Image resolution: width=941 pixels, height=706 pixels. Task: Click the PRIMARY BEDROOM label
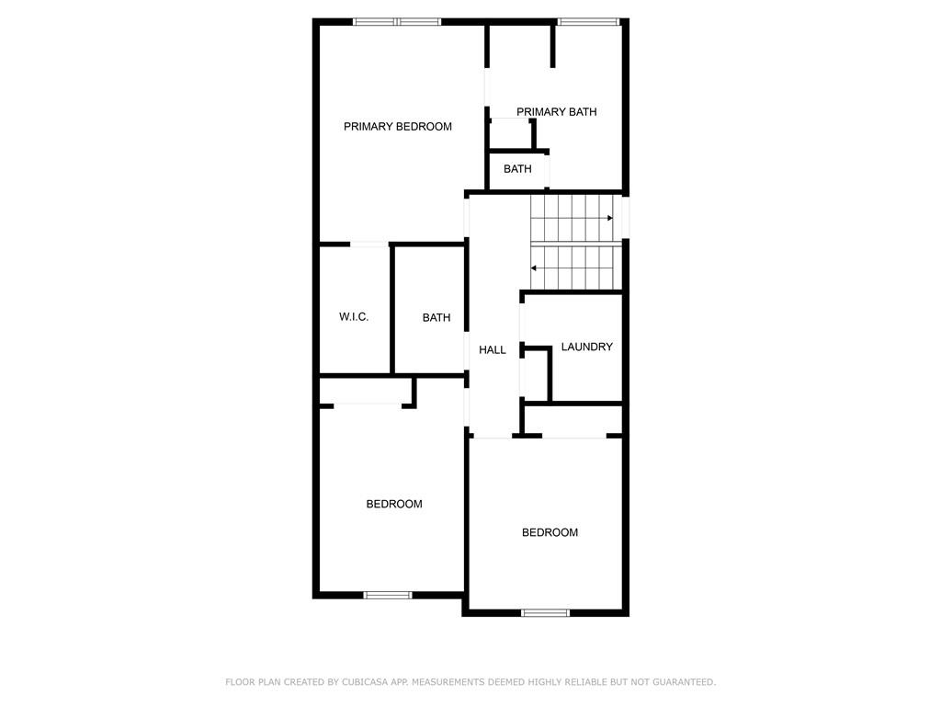point(397,127)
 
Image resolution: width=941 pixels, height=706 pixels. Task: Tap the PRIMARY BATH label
point(556,111)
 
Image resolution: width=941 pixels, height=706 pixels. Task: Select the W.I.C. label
point(354,317)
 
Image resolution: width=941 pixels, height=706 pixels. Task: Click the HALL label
point(493,350)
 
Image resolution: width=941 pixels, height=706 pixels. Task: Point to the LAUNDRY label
point(586,347)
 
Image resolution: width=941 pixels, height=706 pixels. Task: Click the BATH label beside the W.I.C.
point(436,317)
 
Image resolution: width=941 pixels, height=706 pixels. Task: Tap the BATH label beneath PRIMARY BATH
point(517,169)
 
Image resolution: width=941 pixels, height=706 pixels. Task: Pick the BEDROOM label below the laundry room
point(550,532)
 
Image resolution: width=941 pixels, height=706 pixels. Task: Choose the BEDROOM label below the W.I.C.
point(393,505)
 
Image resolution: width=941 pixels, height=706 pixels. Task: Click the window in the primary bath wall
point(588,22)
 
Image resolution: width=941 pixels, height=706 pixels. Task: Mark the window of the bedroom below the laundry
point(545,613)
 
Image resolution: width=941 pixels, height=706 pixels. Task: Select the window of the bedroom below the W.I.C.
point(388,596)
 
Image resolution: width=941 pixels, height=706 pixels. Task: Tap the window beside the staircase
point(625,217)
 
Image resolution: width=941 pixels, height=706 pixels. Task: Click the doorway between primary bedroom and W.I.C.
point(369,245)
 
